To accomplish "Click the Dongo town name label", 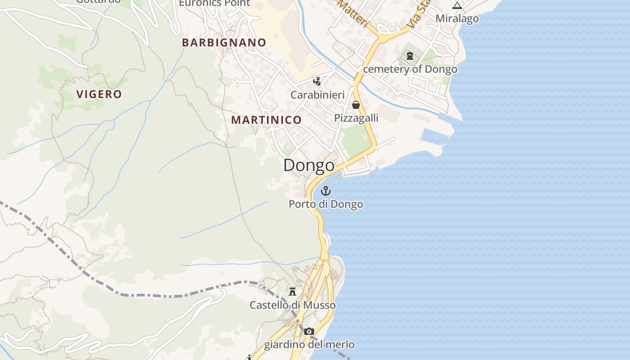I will [309, 165].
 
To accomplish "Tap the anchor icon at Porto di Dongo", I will [325, 191].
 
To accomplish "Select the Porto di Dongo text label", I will [325, 204].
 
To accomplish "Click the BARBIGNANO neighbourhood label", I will [224, 42].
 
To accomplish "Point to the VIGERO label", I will [99, 94].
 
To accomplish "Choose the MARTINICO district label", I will [266, 120].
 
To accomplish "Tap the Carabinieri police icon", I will [317, 81].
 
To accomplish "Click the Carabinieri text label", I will [317, 95].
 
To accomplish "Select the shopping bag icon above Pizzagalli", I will [356, 105].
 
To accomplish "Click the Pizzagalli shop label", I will [356, 118].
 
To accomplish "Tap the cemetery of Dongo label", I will [410, 69].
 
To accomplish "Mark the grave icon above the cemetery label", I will [409, 56].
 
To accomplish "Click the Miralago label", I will [457, 18].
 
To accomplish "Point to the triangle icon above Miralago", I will [457, 6].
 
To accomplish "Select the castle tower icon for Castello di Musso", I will [292, 292].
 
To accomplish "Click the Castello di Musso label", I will [292, 305].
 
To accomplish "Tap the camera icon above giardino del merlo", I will [309, 332].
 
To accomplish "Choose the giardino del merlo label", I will [309, 345].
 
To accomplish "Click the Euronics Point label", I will [214, 3].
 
